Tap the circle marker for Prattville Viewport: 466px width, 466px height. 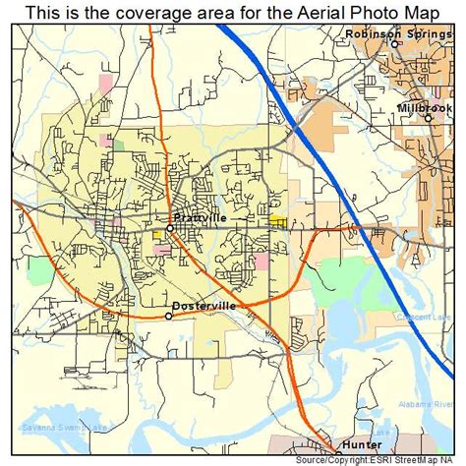tap(169, 228)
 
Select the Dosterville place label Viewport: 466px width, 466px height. tap(204, 306)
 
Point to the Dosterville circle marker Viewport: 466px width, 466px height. tap(169, 316)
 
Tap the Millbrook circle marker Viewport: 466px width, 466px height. tap(429, 118)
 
